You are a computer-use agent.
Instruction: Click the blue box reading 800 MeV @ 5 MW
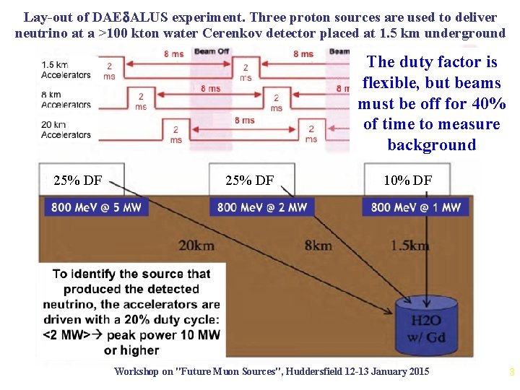click(x=96, y=207)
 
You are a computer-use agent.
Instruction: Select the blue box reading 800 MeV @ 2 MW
click(x=262, y=207)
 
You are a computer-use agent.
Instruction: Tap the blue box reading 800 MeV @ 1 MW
click(x=415, y=207)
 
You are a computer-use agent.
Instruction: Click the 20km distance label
click(x=196, y=246)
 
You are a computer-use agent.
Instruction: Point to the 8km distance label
click(x=318, y=246)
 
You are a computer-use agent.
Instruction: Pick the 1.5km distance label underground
click(x=409, y=246)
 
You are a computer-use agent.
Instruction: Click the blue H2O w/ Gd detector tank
click(x=426, y=328)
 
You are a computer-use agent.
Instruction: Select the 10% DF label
click(x=407, y=181)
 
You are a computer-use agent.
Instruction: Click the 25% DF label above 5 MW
click(x=78, y=181)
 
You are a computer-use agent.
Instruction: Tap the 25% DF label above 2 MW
click(x=249, y=181)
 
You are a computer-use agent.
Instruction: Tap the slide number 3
click(x=511, y=373)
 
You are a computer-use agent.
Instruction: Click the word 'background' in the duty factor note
click(x=431, y=144)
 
